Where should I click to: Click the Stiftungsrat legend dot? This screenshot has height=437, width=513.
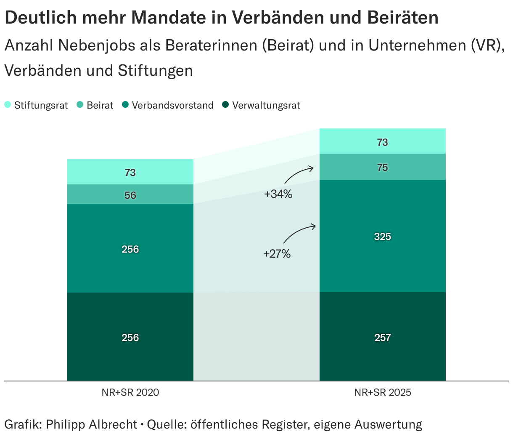(8, 105)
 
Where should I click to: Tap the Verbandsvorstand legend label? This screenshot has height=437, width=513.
(172, 105)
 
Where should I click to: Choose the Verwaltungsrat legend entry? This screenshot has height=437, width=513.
(266, 105)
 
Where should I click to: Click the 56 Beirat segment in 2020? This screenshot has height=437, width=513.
(130, 195)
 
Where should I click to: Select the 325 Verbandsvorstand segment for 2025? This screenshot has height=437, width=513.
(383, 236)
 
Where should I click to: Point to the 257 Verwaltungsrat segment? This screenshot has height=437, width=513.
(383, 337)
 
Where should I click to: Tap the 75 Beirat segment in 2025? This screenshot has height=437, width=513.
(383, 167)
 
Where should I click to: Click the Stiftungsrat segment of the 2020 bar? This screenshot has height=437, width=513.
(130, 172)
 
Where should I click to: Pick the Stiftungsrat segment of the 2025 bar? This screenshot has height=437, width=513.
(383, 142)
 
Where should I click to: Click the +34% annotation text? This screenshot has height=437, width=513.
(278, 195)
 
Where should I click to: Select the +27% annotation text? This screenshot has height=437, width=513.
(277, 254)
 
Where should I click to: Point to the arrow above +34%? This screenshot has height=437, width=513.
(299, 174)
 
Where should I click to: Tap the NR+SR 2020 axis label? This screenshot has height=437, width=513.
(130, 392)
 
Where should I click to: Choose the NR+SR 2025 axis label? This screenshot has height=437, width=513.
(383, 392)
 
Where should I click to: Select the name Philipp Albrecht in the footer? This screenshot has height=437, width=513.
(91, 424)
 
